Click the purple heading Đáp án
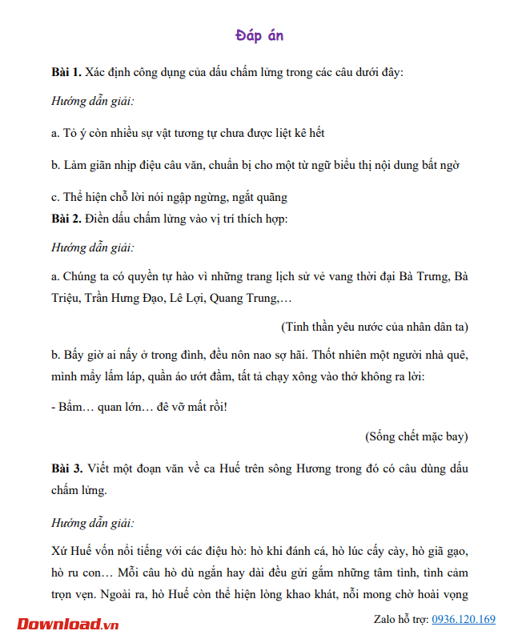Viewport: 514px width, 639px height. (x=259, y=36)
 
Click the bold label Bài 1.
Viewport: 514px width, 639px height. (x=66, y=73)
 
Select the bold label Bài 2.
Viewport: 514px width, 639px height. (x=66, y=219)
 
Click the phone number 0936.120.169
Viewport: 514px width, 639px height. (x=464, y=620)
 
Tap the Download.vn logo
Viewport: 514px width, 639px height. (x=68, y=623)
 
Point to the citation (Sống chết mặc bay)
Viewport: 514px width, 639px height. (x=416, y=436)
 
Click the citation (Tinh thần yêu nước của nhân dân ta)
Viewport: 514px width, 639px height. (x=375, y=328)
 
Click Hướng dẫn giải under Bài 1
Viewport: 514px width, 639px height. (x=92, y=102)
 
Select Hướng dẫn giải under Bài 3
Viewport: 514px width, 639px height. (x=92, y=523)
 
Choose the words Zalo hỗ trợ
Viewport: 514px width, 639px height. (x=400, y=620)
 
